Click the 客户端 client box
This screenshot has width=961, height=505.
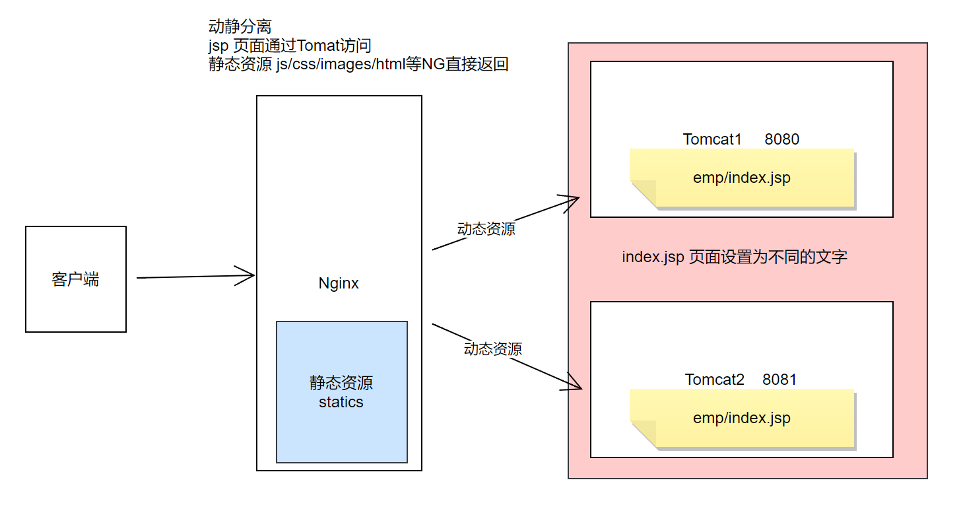pyautogui.click(x=75, y=279)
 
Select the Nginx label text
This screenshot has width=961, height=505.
pyautogui.click(x=339, y=283)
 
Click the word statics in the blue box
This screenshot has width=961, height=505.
pyautogui.click(x=341, y=402)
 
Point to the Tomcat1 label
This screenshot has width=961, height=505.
pyautogui.click(x=712, y=139)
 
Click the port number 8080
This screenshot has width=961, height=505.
pyautogui.click(x=782, y=139)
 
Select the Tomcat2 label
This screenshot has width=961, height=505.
pyautogui.click(x=714, y=380)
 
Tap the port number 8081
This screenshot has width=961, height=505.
pyautogui.click(x=779, y=380)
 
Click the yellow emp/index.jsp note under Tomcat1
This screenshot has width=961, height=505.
pyautogui.click(x=741, y=178)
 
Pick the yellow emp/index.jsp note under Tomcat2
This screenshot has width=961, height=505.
pyautogui.click(x=741, y=419)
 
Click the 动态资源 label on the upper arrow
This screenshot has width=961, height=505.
pyautogui.click(x=486, y=229)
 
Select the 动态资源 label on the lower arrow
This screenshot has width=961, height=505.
pyautogui.click(x=492, y=349)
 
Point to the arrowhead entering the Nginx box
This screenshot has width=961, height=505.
pyautogui.click(x=248, y=276)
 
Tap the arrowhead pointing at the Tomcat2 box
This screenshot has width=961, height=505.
pyautogui.click(x=574, y=384)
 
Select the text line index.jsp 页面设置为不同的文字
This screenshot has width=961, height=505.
pyautogui.click(x=734, y=257)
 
